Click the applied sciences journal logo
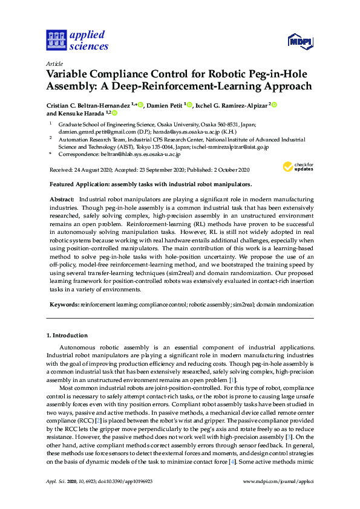(77, 40)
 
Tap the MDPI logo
(300, 41)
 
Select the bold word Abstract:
(61, 199)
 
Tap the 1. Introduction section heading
(67, 335)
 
